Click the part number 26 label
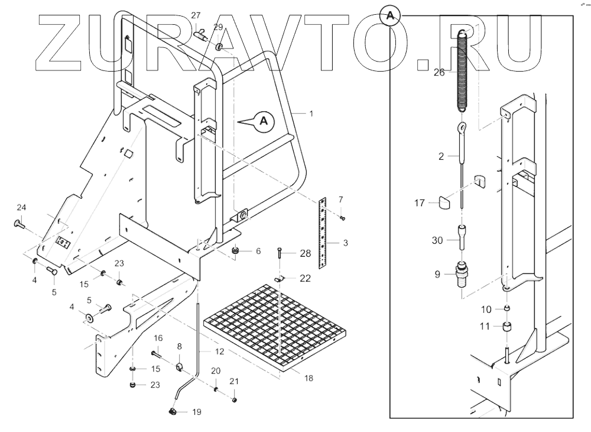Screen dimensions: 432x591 tap(439, 73)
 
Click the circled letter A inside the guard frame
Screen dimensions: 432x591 tap(264, 121)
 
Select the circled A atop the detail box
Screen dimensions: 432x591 tap(389, 16)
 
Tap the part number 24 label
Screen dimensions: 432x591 tap(21, 207)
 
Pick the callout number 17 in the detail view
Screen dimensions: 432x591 tap(420, 203)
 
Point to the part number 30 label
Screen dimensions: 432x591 tap(437, 240)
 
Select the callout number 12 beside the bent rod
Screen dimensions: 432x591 tap(219, 352)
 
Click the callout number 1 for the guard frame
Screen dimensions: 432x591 tap(311, 112)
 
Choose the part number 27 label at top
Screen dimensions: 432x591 tap(196, 15)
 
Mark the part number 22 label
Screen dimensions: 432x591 tap(305, 279)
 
